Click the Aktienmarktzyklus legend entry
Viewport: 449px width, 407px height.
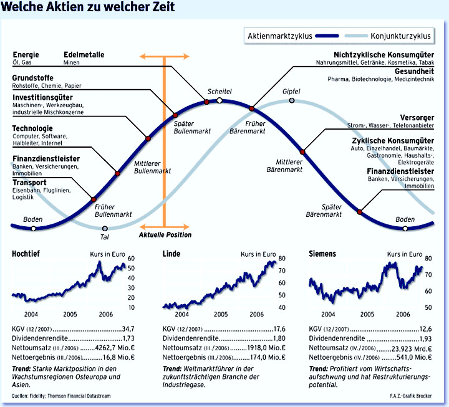click(280, 36)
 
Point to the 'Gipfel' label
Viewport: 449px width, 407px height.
click(291, 92)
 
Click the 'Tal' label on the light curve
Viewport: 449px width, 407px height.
click(104, 237)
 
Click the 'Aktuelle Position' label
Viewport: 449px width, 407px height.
click(165, 235)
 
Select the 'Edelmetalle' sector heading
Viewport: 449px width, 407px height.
click(84, 54)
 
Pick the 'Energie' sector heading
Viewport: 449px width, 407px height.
click(26, 54)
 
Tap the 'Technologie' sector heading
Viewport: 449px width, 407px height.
click(32, 128)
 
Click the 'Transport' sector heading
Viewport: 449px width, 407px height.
click(29, 182)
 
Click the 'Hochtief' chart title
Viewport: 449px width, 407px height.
click(27, 254)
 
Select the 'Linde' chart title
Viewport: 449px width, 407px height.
click(171, 254)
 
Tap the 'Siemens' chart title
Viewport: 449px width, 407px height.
click(322, 254)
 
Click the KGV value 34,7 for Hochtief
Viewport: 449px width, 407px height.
click(128, 328)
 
